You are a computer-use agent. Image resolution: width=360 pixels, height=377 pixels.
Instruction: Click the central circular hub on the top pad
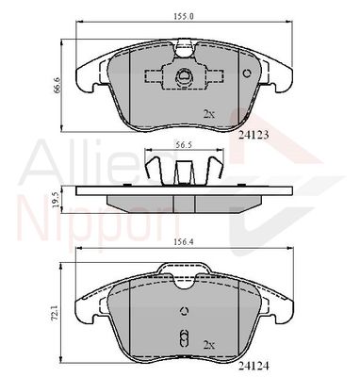click(x=184, y=78)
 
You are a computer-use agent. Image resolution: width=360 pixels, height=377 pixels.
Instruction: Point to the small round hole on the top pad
click(x=247, y=73)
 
